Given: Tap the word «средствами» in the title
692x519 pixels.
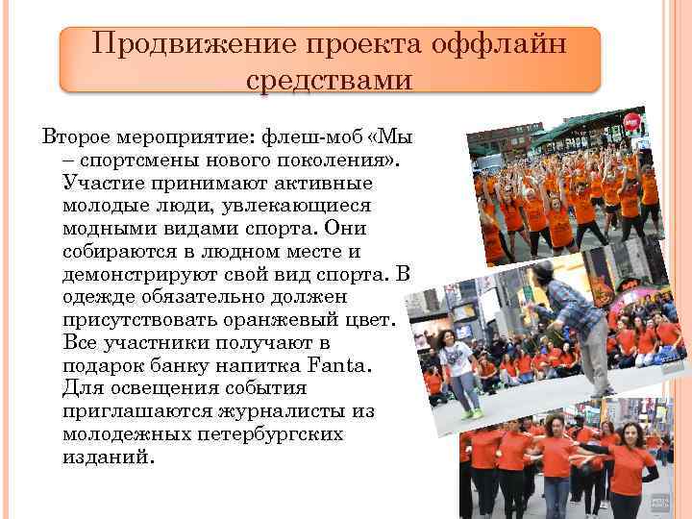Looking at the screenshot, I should pyautogui.click(x=329, y=80).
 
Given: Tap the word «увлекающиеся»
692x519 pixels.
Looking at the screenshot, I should pyautogui.click(x=294, y=206).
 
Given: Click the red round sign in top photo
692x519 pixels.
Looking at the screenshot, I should pyautogui.click(x=631, y=121).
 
